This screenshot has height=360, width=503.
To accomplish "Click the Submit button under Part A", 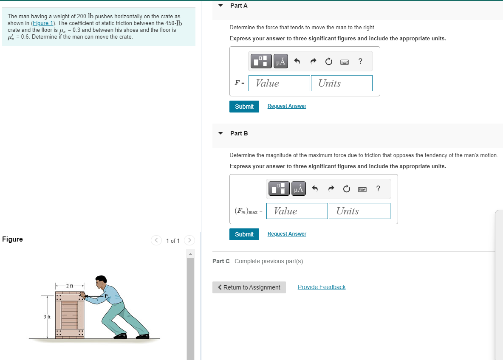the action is point(244,107).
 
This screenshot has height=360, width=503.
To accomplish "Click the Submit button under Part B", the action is point(244,234).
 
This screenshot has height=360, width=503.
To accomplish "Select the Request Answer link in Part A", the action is point(287,106).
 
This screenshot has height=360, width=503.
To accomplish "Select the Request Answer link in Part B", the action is point(287,234).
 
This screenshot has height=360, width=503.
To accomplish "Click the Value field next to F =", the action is point(279,83).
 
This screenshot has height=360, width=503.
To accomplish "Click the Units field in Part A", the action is point(342,83).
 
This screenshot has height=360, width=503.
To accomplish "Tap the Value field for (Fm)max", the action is point(297,211).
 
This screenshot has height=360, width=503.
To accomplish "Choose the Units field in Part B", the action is point(359,211).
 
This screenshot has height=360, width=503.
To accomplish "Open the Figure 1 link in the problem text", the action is point(43,23).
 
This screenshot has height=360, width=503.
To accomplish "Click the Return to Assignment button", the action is point(249,287).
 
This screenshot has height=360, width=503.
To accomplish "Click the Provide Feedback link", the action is point(322,287).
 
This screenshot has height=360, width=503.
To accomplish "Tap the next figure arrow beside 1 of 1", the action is point(189,240).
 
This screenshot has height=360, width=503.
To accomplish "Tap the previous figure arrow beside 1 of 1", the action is point(156,240).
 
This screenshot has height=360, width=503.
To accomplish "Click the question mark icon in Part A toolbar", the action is point(360,61).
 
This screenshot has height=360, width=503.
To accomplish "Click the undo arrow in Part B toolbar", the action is point(315,188).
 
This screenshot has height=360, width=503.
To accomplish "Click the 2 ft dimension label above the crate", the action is point(70,286).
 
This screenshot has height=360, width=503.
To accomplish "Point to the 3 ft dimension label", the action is point(47,317).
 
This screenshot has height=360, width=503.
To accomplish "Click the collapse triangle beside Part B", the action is point(220,133).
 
